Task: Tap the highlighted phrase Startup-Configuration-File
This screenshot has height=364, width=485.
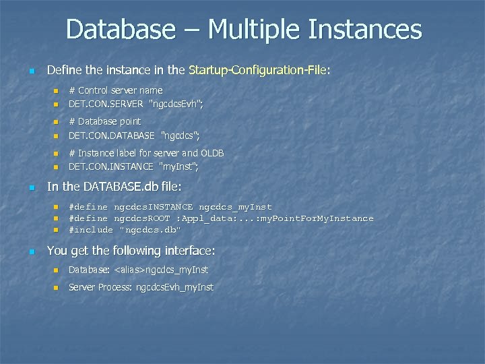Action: tap(258, 70)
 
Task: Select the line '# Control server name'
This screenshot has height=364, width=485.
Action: tap(115, 90)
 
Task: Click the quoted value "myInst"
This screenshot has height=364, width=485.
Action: tap(179, 166)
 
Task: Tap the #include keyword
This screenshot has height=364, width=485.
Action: tap(91, 230)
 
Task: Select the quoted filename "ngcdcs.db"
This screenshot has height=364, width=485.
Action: tap(150, 230)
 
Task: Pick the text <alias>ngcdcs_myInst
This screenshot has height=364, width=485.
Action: tap(161, 270)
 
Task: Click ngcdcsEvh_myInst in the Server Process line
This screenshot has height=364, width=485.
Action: tap(174, 287)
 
